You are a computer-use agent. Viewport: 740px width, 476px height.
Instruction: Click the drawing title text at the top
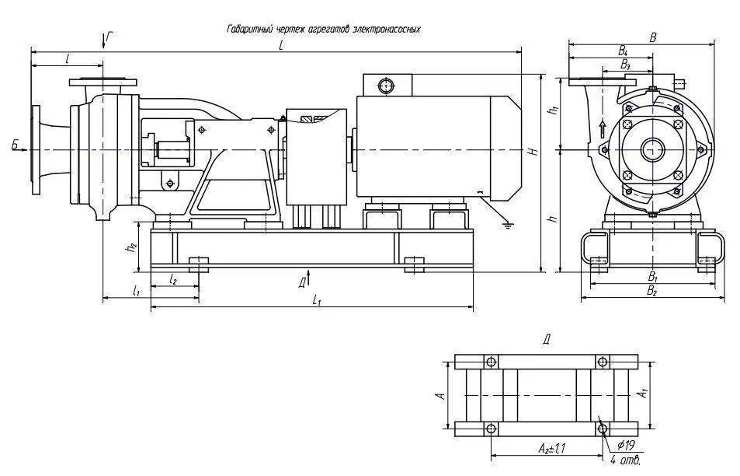[x=323, y=30]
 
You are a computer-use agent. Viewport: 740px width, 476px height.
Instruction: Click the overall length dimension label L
[x=281, y=45]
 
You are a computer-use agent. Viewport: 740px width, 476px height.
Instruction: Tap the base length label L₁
[x=317, y=299]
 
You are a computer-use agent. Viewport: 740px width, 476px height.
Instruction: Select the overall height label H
[x=533, y=152]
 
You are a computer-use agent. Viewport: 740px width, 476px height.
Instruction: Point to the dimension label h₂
[x=132, y=247]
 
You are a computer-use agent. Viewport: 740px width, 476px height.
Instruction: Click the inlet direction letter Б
[x=16, y=145]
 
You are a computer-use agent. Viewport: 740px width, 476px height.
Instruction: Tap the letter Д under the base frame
[x=303, y=282]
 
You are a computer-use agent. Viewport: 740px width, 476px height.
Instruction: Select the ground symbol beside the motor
[x=508, y=225]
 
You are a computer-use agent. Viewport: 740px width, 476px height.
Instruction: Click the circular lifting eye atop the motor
[x=387, y=86]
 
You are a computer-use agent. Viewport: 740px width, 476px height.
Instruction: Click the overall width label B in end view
[x=653, y=37]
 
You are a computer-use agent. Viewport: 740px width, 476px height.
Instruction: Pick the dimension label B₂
[x=652, y=291]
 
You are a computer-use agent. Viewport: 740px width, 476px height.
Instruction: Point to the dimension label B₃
[x=625, y=65]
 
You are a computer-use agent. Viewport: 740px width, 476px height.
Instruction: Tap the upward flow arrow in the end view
[x=603, y=129]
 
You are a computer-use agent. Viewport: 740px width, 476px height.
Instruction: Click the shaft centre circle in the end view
[x=653, y=150]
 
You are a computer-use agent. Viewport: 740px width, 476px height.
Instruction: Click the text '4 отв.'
[x=625, y=459]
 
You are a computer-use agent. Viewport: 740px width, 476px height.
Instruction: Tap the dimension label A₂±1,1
[x=552, y=448]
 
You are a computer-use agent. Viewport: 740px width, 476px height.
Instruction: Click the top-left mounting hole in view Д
[x=491, y=362]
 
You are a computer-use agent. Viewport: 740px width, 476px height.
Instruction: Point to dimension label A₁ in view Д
[x=643, y=393]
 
